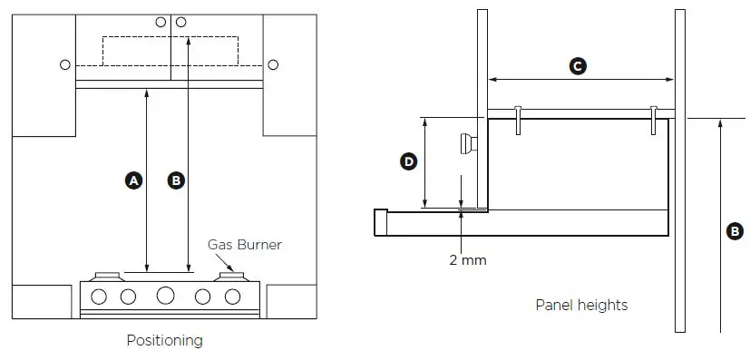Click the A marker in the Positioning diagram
(x=134, y=180)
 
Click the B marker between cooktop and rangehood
(x=177, y=180)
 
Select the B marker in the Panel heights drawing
(x=735, y=231)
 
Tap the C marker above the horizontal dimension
(x=576, y=65)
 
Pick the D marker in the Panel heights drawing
(x=408, y=161)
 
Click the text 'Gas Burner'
(x=245, y=245)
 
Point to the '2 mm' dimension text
(x=468, y=260)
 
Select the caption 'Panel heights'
(x=581, y=305)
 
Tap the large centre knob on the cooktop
(x=165, y=296)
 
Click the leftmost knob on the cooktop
(x=100, y=296)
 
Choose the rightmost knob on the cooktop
(x=233, y=296)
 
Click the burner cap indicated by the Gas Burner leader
(x=228, y=274)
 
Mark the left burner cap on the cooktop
(x=107, y=274)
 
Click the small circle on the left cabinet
(x=63, y=65)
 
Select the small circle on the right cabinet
(x=273, y=65)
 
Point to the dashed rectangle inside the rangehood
(x=170, y=50)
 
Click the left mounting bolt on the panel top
(x=517, y=120)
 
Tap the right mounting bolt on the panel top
(x=653, y=120)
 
